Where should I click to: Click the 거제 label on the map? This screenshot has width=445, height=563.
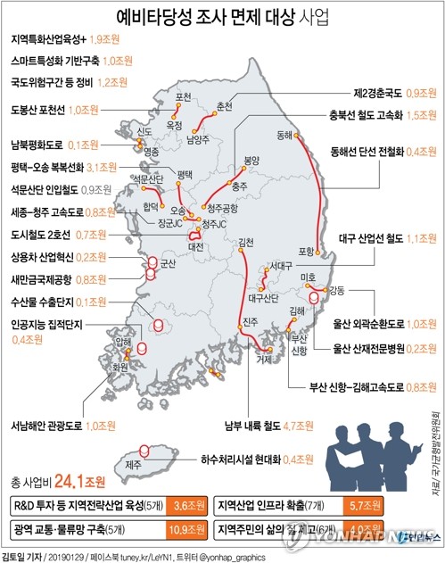[x=264, y=360]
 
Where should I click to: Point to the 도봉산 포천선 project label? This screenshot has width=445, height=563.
[x=38, y=110]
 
